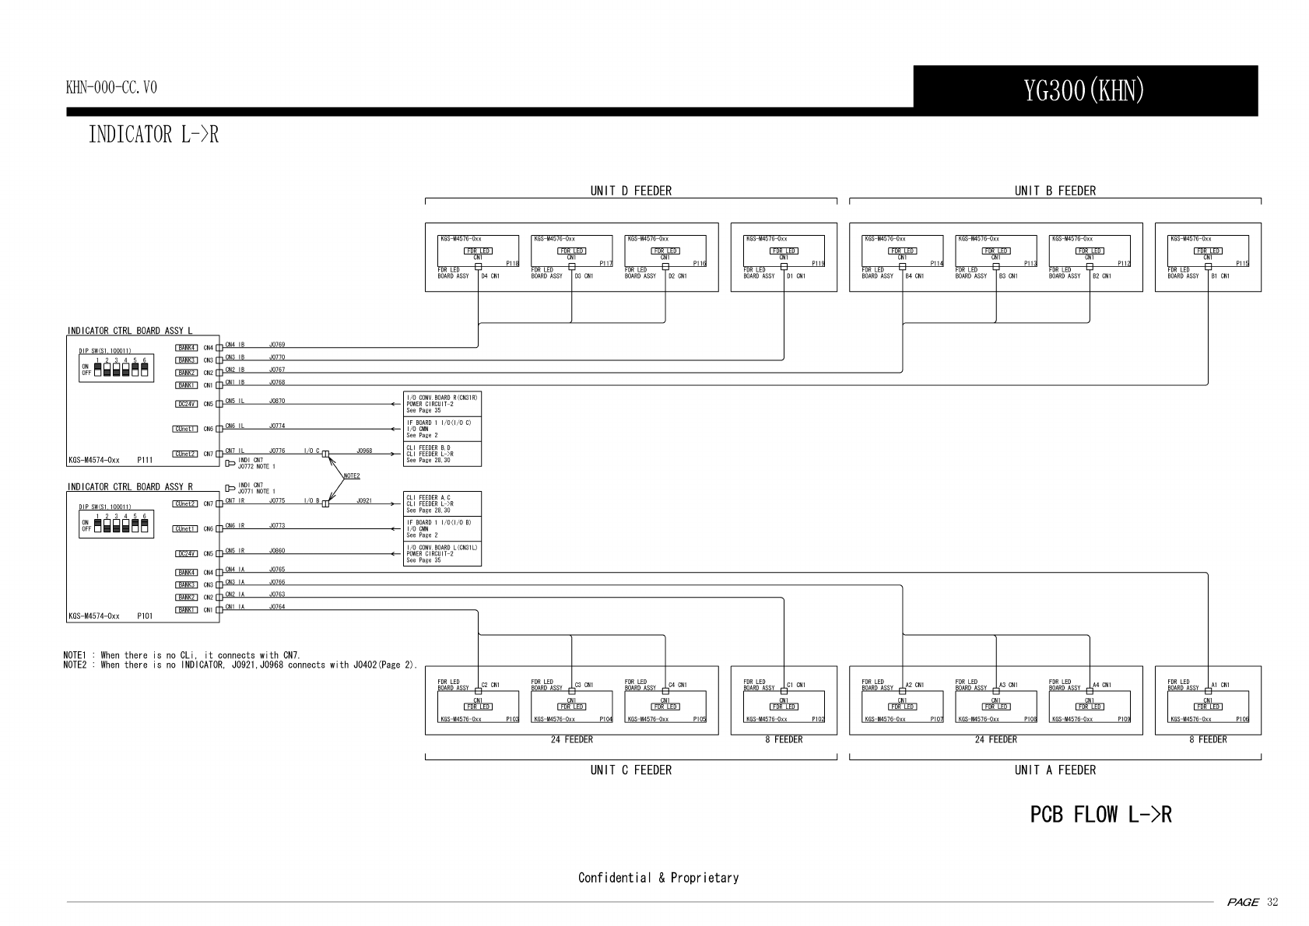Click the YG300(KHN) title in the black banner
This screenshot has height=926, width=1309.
click(1084, 91)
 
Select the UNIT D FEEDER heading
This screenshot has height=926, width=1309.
click(630, 191)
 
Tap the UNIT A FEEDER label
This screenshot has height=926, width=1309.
click(1055, 770)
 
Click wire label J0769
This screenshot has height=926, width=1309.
click(277, 345)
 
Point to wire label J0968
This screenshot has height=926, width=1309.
click(364, 451)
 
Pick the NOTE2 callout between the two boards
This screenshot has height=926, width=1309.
click(352, 475)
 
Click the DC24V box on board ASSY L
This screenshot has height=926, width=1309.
click(187, 404)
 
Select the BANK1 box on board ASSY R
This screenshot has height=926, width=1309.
click(187, 610)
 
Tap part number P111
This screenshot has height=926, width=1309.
click(145, 460)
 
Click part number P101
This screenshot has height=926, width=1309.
click(145, 616)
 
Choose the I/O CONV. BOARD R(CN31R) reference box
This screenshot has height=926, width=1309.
click(442, 404)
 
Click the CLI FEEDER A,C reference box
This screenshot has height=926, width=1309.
click(442, 503)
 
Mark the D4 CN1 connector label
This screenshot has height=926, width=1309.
click(490, 276)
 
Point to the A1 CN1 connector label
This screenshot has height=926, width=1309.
click(1220, 686)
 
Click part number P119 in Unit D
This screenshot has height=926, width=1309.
click(818, 264)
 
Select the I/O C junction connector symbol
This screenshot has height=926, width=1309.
click(325, 454)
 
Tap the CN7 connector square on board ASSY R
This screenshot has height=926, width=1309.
click(219, 503)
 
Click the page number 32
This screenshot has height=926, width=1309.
click(1272, 903)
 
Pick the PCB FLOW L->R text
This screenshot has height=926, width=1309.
click(1100, 815)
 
